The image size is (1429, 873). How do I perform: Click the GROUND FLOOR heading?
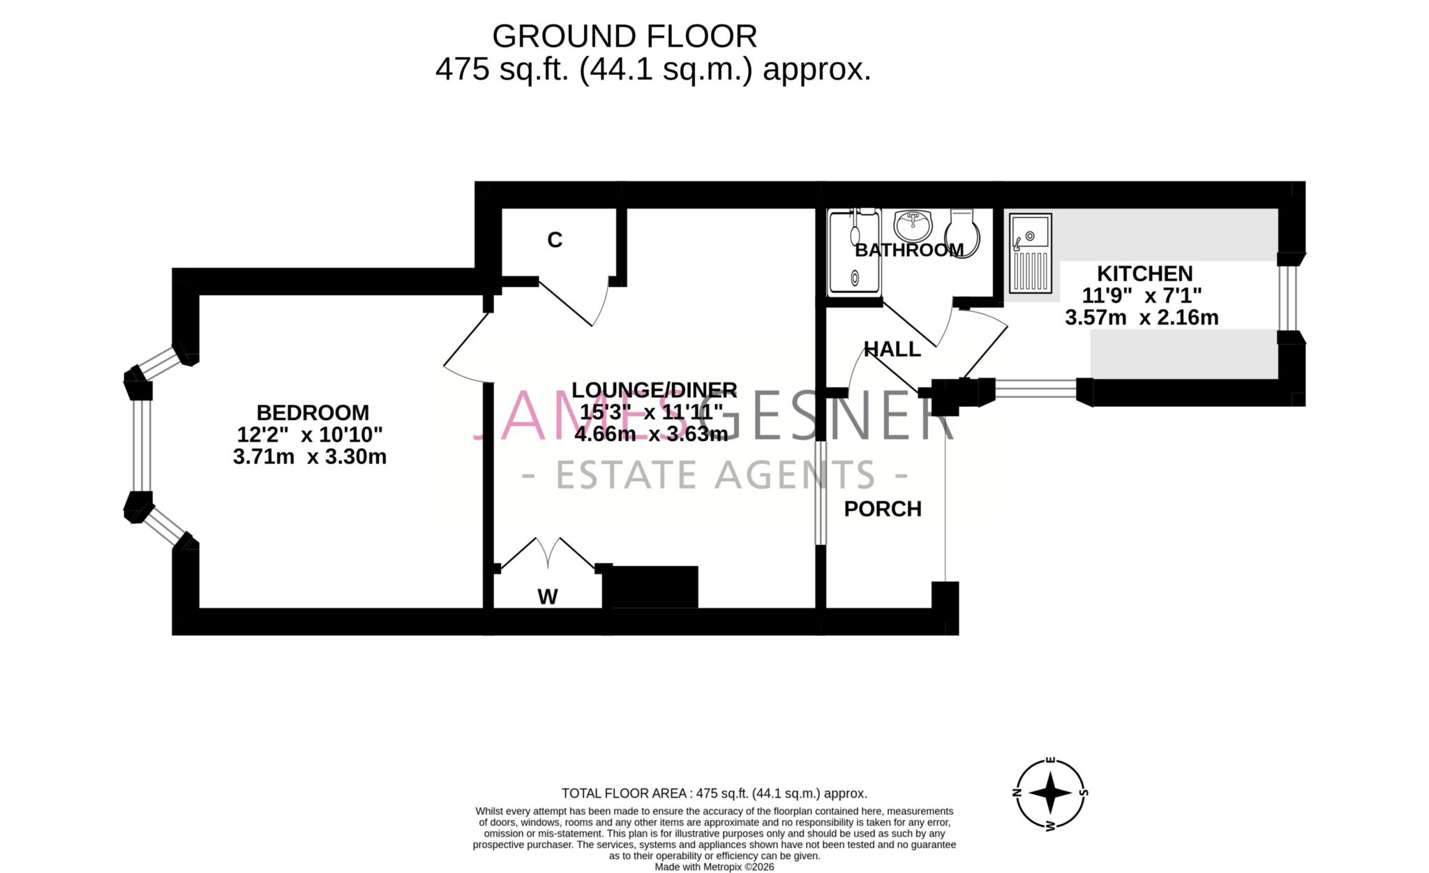tap(624, 36)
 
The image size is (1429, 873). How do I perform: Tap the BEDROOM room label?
tap(312, 412)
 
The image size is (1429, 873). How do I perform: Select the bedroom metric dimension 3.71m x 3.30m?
tap(310, 457)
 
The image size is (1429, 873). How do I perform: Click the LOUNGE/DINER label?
tap(654, 389)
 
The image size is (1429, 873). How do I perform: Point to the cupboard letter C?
tap(555, 240)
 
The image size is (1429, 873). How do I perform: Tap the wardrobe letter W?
tap(548, 597)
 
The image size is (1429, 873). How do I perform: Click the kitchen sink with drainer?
tap(1030, 253)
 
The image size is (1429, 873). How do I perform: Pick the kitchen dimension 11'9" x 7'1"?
tap(1142, 295)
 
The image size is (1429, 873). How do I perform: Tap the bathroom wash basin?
tap(913, 225)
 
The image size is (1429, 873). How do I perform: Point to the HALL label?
tap(892, 349)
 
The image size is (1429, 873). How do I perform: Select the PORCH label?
tap(883, 509)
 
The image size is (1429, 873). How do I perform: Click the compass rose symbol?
tap(1050, 793)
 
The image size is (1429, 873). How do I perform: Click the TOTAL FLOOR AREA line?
tap(714, 793)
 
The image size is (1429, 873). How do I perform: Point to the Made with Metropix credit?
tap(714, 867)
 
